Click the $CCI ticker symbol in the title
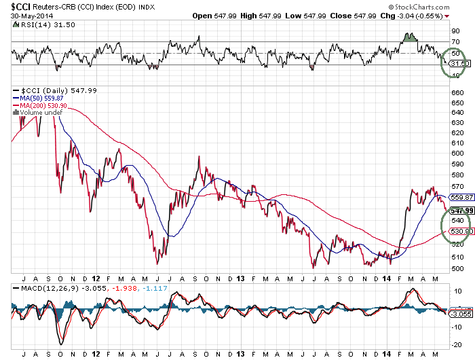[x=20, y=6]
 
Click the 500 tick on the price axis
[x=457, y=268]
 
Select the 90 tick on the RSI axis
[x=455, y=31]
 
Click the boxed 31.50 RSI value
[x=460, y=64]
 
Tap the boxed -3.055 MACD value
[x=460, y=314]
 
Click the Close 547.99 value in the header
[x=366, y=16]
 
